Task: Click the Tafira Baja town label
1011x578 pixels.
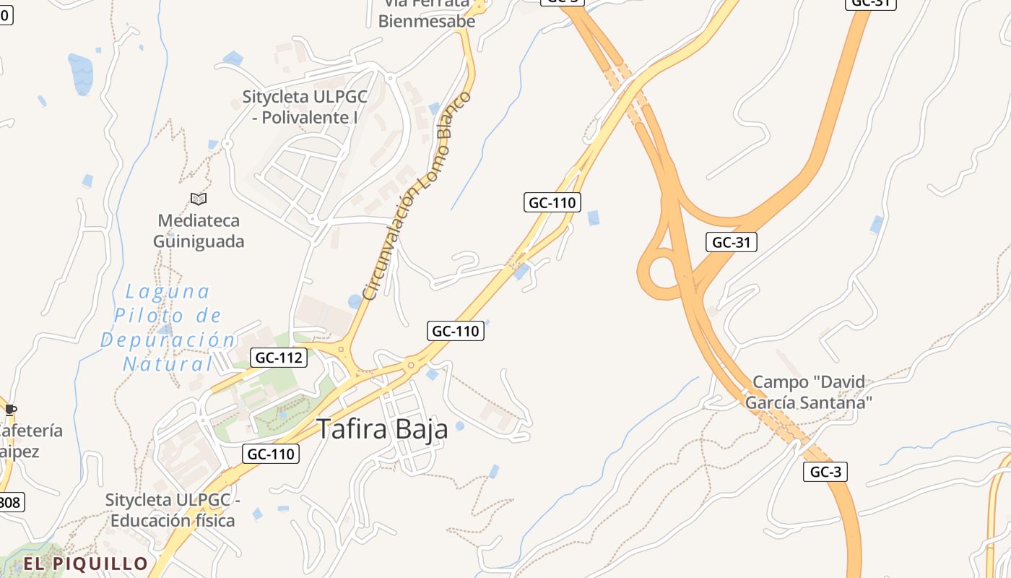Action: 383,429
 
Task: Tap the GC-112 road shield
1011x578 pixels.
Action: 279,357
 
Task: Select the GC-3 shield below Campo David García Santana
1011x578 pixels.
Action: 825,472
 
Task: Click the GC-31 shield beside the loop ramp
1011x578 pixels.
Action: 732,242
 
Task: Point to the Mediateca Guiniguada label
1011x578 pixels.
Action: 199,230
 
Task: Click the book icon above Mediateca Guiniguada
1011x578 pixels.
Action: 199,199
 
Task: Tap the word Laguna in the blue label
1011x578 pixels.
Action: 168,292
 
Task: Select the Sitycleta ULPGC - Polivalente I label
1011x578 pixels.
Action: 305,106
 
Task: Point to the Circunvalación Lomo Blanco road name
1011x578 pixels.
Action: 417,196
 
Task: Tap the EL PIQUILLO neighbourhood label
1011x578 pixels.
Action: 85,564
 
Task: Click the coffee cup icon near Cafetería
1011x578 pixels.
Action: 10,410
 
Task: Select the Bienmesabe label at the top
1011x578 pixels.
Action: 427,21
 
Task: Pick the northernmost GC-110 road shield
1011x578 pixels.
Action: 552,202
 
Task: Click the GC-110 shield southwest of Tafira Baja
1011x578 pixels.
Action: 270,454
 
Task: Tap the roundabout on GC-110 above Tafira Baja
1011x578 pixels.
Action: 411,365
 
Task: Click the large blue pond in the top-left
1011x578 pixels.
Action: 80,72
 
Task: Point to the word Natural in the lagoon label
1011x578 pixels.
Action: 168,363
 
